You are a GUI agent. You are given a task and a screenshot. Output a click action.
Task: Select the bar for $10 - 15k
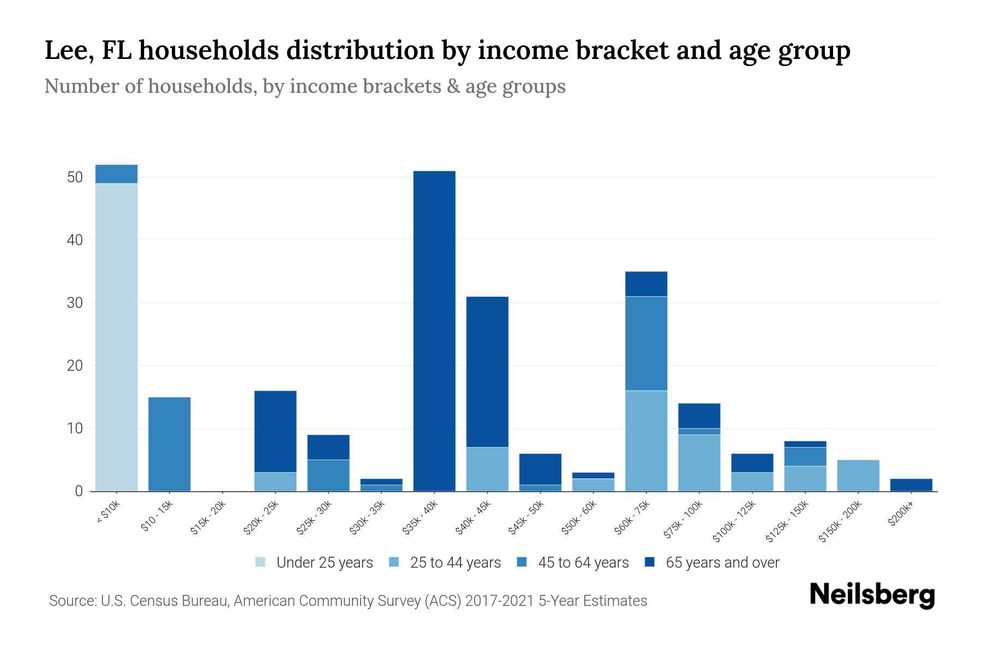tap(169, 444)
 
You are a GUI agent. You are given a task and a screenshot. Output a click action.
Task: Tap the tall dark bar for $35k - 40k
tap(434, 331)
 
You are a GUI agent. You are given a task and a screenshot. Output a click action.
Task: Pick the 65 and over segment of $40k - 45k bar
tap(487, 372)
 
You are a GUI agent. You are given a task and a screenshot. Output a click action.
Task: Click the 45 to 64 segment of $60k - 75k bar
tap(646, 343)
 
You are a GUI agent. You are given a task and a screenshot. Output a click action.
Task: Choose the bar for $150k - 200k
tap(858, 475)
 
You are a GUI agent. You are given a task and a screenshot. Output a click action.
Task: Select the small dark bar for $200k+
tap(911, 485)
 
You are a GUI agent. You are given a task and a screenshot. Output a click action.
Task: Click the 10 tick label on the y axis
tap(75, 428)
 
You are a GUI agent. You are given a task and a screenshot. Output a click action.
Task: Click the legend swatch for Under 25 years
tap(261, 562)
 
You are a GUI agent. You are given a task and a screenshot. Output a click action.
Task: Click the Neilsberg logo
tap(872, 594)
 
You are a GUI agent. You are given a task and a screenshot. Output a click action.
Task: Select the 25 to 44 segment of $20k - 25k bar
tap(275, 481)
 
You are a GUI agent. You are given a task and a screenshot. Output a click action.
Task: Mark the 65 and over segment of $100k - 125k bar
tap(752, 463)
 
